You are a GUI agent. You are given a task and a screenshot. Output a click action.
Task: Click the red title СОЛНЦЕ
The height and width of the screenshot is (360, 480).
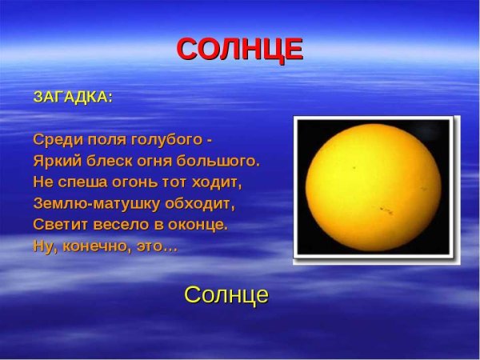tap(239, 50)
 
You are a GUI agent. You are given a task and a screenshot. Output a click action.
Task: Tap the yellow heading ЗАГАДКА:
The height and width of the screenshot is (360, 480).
tap(73, 97)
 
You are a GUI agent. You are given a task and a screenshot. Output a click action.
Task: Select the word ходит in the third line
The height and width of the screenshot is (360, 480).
tap(222, 182)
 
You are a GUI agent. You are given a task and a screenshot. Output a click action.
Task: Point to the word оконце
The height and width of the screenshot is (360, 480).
tap(197, 225)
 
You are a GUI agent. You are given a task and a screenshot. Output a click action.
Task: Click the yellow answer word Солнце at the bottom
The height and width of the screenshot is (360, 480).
tap(226, 294)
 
